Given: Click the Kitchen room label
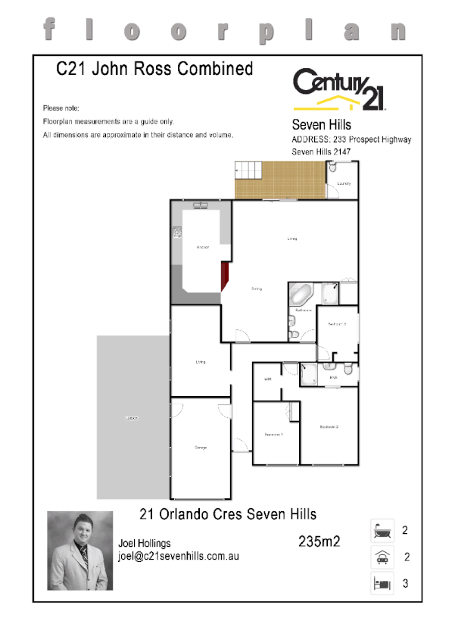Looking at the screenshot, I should point(202,248).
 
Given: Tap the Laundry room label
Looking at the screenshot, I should point(343,183).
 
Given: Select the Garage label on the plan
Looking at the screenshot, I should point(201,448).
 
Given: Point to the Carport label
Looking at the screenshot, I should point(132,418).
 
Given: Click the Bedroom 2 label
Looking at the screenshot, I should point(329,427).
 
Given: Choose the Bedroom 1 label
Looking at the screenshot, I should point(273,434).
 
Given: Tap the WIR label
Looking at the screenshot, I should point(268,379).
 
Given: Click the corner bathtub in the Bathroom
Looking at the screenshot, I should point(301,294).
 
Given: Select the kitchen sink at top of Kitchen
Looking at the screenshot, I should point(200,205).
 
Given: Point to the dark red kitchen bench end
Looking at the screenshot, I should point(225,276).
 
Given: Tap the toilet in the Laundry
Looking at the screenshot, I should point(332,169).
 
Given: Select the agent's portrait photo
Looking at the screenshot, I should point(80,551).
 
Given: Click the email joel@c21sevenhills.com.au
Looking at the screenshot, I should point(179,556).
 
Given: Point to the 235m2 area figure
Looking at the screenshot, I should point(319,541).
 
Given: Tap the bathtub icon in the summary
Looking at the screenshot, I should point(382,531).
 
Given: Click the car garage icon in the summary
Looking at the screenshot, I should point(382,558).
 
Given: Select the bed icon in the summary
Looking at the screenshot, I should point(382,584).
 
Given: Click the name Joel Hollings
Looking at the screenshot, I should point(145,543).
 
